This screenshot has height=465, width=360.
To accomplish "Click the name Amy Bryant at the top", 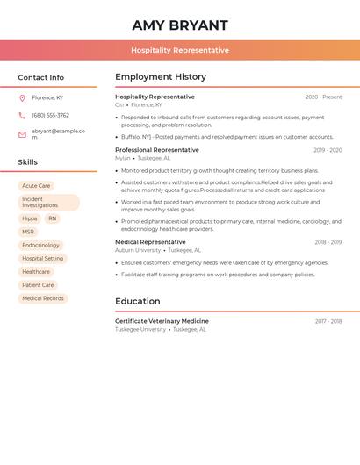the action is (180, 25).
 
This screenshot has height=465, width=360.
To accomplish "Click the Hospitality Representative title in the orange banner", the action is (180, 50).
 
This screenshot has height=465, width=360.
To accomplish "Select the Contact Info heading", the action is (41, 77).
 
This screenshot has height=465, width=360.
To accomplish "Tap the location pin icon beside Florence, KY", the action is (22, 97).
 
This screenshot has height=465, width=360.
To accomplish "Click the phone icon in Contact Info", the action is (22, 115).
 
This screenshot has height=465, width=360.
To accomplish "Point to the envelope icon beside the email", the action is (22, 134).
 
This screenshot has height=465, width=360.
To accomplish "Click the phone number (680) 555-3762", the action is (51, 115).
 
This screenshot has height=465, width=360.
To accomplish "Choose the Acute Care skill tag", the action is (36, 186).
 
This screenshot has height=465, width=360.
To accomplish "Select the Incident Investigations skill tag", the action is (48, 203).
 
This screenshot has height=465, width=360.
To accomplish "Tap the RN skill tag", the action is (53, 218).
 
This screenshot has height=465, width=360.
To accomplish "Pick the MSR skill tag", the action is (28, 232).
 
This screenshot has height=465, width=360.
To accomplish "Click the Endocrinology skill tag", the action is (41, 245).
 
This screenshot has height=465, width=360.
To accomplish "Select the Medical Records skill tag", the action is (43, 298).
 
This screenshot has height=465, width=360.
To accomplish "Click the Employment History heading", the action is (161, 77).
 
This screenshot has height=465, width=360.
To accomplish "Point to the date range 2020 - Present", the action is (323, 97).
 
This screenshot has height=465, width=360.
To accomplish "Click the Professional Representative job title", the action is (157, 150).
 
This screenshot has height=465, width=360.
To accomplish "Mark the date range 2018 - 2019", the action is (328, 242).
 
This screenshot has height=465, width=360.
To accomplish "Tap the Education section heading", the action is (138, 302).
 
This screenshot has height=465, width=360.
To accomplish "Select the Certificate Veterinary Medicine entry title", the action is (162, 321).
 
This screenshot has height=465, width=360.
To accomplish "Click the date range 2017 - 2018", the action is (328, 322).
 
